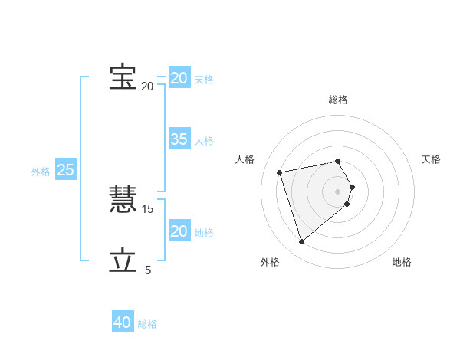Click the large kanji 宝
[123, 77]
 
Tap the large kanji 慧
[123, 201]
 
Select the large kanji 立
[123, 260]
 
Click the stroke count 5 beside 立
[148, 270]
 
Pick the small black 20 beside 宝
[147, 86]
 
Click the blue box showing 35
[179, 139]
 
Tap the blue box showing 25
[65, 170]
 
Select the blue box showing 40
[122, 322]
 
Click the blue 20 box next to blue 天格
[179, 78]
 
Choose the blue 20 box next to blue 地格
[179, 231]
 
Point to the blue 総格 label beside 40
[147, 324]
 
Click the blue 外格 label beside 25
[41, 172]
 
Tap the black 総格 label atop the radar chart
[338, 100]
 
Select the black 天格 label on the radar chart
[431, 159]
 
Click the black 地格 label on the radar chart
[402, 262]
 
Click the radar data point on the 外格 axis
[301, 242]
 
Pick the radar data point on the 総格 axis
[338, 162]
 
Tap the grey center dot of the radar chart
[338, 191]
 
